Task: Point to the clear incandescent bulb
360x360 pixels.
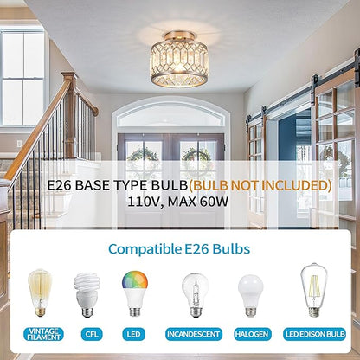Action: tap(194, 295)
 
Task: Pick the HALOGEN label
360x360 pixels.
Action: tap(252, 333)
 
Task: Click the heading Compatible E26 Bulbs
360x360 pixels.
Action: tap(179, 249)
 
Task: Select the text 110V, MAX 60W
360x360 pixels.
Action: tap(180, 205)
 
